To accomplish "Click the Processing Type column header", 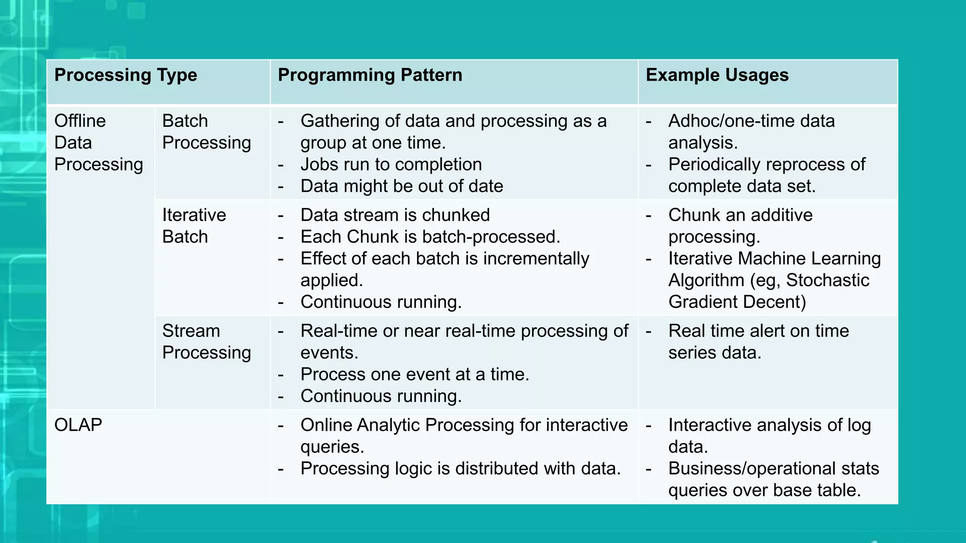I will pos(125,75).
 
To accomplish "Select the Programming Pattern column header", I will pos(370,75).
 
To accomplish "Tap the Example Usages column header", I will pos(717,75).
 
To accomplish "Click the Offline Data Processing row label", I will pos(98,143).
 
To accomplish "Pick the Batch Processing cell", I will pos(206,132).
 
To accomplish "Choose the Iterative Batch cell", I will pos(194,226).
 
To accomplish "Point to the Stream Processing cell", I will pos(206,342).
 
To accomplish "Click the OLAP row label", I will pos(78,425).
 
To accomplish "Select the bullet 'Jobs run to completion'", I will pos(391,165).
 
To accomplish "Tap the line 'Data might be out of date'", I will pos(401,186).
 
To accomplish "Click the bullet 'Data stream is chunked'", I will pos(395,215).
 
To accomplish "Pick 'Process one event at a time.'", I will pos(415,375).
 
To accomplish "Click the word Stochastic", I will pos(827,280).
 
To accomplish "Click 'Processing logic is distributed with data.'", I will pos(460,469).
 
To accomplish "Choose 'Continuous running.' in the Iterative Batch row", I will pos(381,302).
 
